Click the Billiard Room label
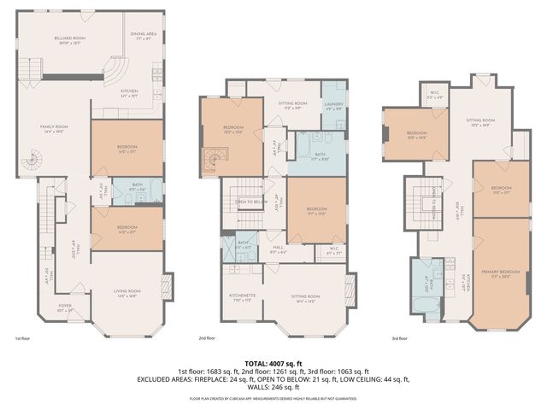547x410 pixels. tap(71, 40)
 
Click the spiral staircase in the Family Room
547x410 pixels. tap(32, 160)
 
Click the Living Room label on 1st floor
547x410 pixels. tap(126, 295)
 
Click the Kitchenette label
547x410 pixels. tap(243, 298)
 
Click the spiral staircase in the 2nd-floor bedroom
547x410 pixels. tap(212, 158)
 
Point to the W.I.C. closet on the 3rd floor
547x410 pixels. tap(434, 97)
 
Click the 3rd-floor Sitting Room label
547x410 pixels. tap(480, 120)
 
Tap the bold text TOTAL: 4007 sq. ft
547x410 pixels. tap(273, 364)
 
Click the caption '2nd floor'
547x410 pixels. tap(206, 338)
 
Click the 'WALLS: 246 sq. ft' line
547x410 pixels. tap(273, 387)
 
